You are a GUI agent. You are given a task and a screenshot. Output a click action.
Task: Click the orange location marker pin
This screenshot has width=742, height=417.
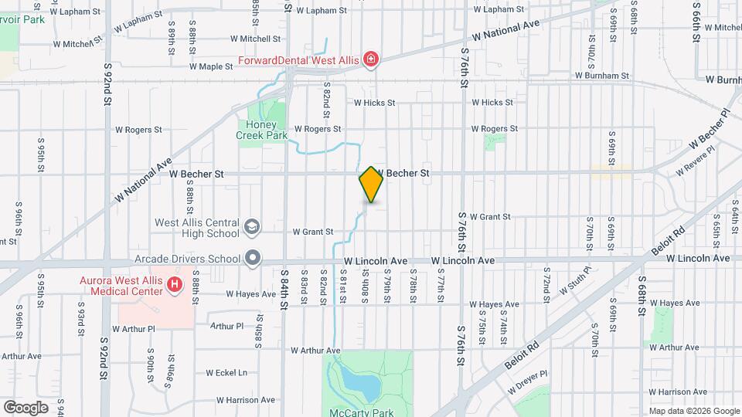[x=371, y=184]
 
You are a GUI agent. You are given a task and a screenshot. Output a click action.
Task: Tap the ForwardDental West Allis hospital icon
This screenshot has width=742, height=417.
[x=371, y=59]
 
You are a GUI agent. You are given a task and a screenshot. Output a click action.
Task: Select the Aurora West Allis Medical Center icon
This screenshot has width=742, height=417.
[x=175, y=285]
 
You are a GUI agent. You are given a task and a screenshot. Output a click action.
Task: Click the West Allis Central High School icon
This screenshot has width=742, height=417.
[x=251, y=227]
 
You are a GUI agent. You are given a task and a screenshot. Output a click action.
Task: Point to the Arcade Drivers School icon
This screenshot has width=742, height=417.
[x=253, y=259]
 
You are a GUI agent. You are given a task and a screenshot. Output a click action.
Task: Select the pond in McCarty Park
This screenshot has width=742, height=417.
[x=358, y=381]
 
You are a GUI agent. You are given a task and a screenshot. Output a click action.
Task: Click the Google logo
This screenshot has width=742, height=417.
[x=26, y=407]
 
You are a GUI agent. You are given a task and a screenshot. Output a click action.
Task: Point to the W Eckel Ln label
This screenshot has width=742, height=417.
[x=227, y=372]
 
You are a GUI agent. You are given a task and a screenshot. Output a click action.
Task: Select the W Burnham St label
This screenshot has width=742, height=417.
[x=602, y=76]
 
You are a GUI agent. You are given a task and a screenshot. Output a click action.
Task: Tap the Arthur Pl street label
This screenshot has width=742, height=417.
[x=226, y=326]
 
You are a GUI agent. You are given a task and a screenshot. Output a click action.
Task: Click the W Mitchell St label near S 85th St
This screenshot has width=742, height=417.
[x=254, y=39]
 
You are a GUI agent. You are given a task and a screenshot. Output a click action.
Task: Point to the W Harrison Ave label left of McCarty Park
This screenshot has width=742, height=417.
[x=247, y=400]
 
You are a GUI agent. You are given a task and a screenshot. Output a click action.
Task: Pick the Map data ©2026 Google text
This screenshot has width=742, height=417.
[x=693, y=411]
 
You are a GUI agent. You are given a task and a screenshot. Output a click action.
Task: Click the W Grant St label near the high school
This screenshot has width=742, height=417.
[x=312, y=232]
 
